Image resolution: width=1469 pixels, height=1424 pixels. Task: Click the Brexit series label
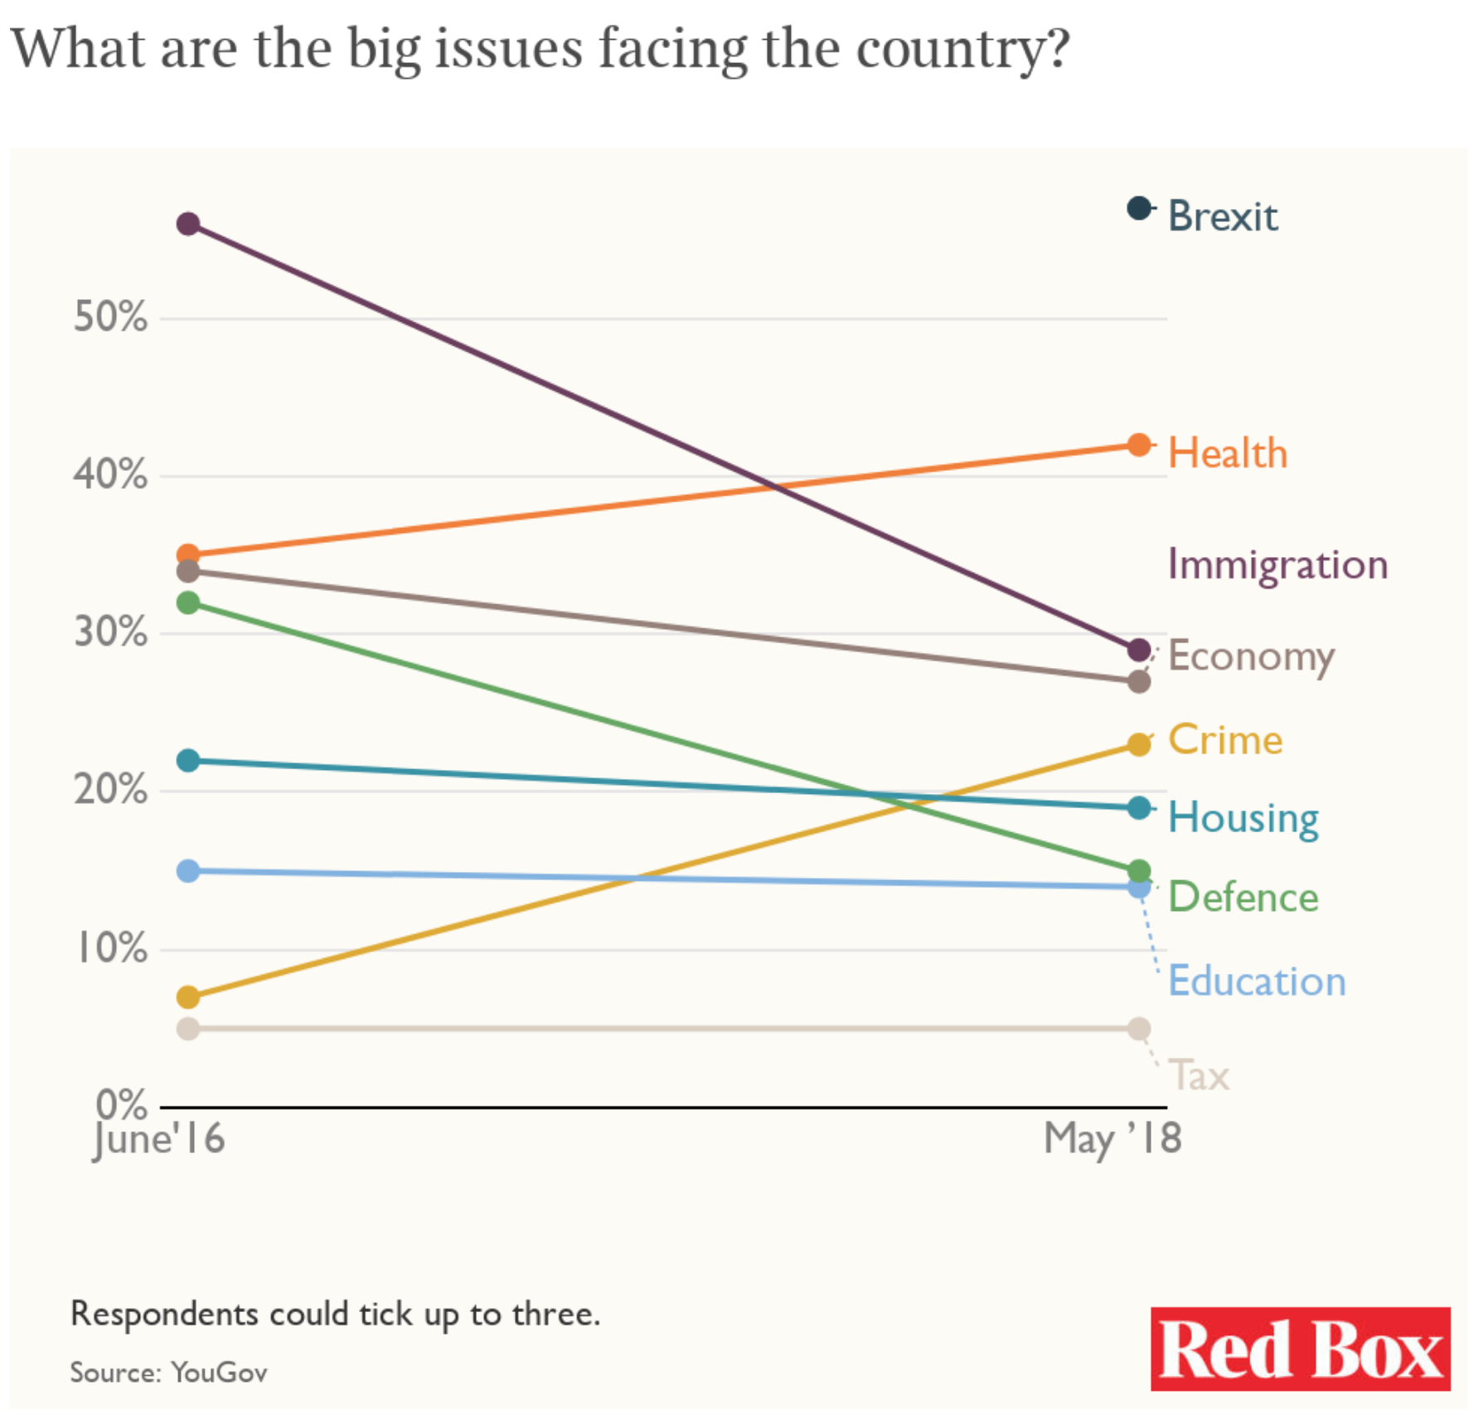(x=1222, y=216)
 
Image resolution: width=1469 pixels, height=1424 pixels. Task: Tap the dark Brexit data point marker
(x=1140, y=208)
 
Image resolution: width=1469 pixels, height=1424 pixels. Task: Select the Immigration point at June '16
(x=188, y=224)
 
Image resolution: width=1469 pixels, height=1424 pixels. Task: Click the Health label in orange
(x=1227, y=453)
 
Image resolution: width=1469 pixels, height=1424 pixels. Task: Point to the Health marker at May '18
(x=1140, y=445)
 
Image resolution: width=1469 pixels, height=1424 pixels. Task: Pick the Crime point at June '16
(x=188, y=996)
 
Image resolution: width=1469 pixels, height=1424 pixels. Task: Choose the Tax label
(x=1199, y=1075)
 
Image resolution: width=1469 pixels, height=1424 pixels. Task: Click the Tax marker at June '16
(x=188, y=1029)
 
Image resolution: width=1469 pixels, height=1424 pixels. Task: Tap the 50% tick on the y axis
(x=110, y=317)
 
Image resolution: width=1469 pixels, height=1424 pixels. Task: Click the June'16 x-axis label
(x=158, y=1138)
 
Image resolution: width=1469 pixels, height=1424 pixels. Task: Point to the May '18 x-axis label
(x=1112, y=1138)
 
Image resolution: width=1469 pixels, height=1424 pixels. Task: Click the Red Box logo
(x=1299, y=1349)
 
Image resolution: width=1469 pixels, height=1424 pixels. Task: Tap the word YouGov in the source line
(x=219, y=1373)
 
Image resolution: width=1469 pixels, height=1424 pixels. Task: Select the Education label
(x=1256, y=981)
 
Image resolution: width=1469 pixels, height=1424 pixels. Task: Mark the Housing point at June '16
(x=188, y=760)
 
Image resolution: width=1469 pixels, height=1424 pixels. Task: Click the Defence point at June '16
(x=188, y=603)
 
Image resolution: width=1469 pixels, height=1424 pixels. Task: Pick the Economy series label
(x=1250, y=656)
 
